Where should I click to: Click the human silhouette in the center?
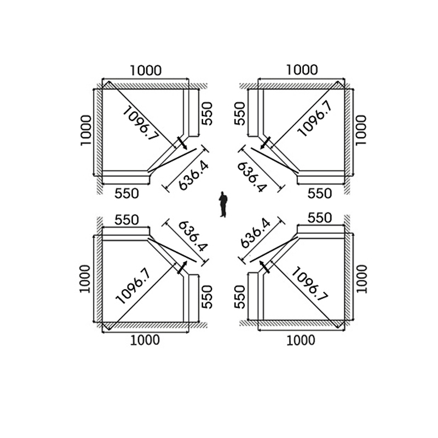tap(223, 204)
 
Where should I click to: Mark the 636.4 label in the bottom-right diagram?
tap(255, 233)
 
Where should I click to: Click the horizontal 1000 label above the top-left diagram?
tap(145, 70)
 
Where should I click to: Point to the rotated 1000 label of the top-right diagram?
tap(360, 130)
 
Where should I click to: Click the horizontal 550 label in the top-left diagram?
tap(126, 193)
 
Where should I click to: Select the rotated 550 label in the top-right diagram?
tap(239, 113)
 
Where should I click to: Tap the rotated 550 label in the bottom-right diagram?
tap(239, 296)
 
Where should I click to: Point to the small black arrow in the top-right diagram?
tap(265, 143)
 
